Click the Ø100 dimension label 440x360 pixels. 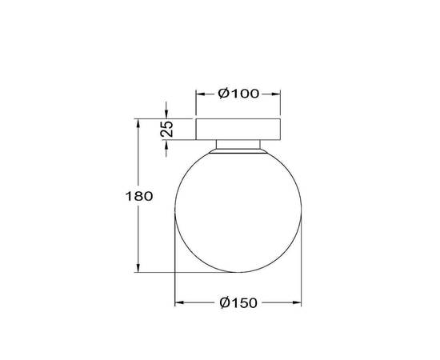[x=238, y=94]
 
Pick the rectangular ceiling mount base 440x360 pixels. [x=238, y=129]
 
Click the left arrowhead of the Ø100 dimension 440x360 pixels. [x=200, y=94]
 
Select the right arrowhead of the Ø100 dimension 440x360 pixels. [x=277, y=94]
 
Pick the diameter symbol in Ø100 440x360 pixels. [x=225, y=94]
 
